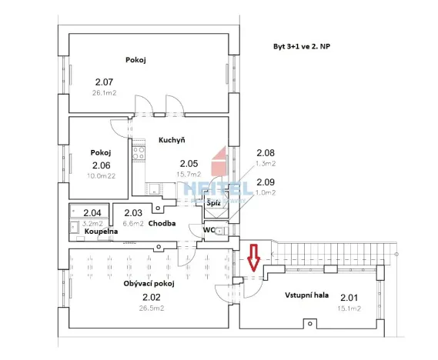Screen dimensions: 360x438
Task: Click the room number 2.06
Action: coord(102,165)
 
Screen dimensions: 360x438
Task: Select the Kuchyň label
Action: coord(170,140)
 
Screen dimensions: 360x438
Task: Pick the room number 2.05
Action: coord(189,163)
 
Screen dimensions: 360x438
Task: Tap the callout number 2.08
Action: coord(265,153)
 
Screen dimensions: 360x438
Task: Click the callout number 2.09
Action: coord(265,182)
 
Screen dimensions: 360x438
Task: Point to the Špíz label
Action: coord(213,203)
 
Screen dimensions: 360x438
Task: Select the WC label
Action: coord(209,229)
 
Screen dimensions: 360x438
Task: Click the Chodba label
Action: coord(162,224)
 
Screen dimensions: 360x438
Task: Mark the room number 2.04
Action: coord(92,213)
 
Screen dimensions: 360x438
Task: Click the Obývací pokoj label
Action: coord(149,284)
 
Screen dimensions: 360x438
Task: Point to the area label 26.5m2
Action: coord(151,308)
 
